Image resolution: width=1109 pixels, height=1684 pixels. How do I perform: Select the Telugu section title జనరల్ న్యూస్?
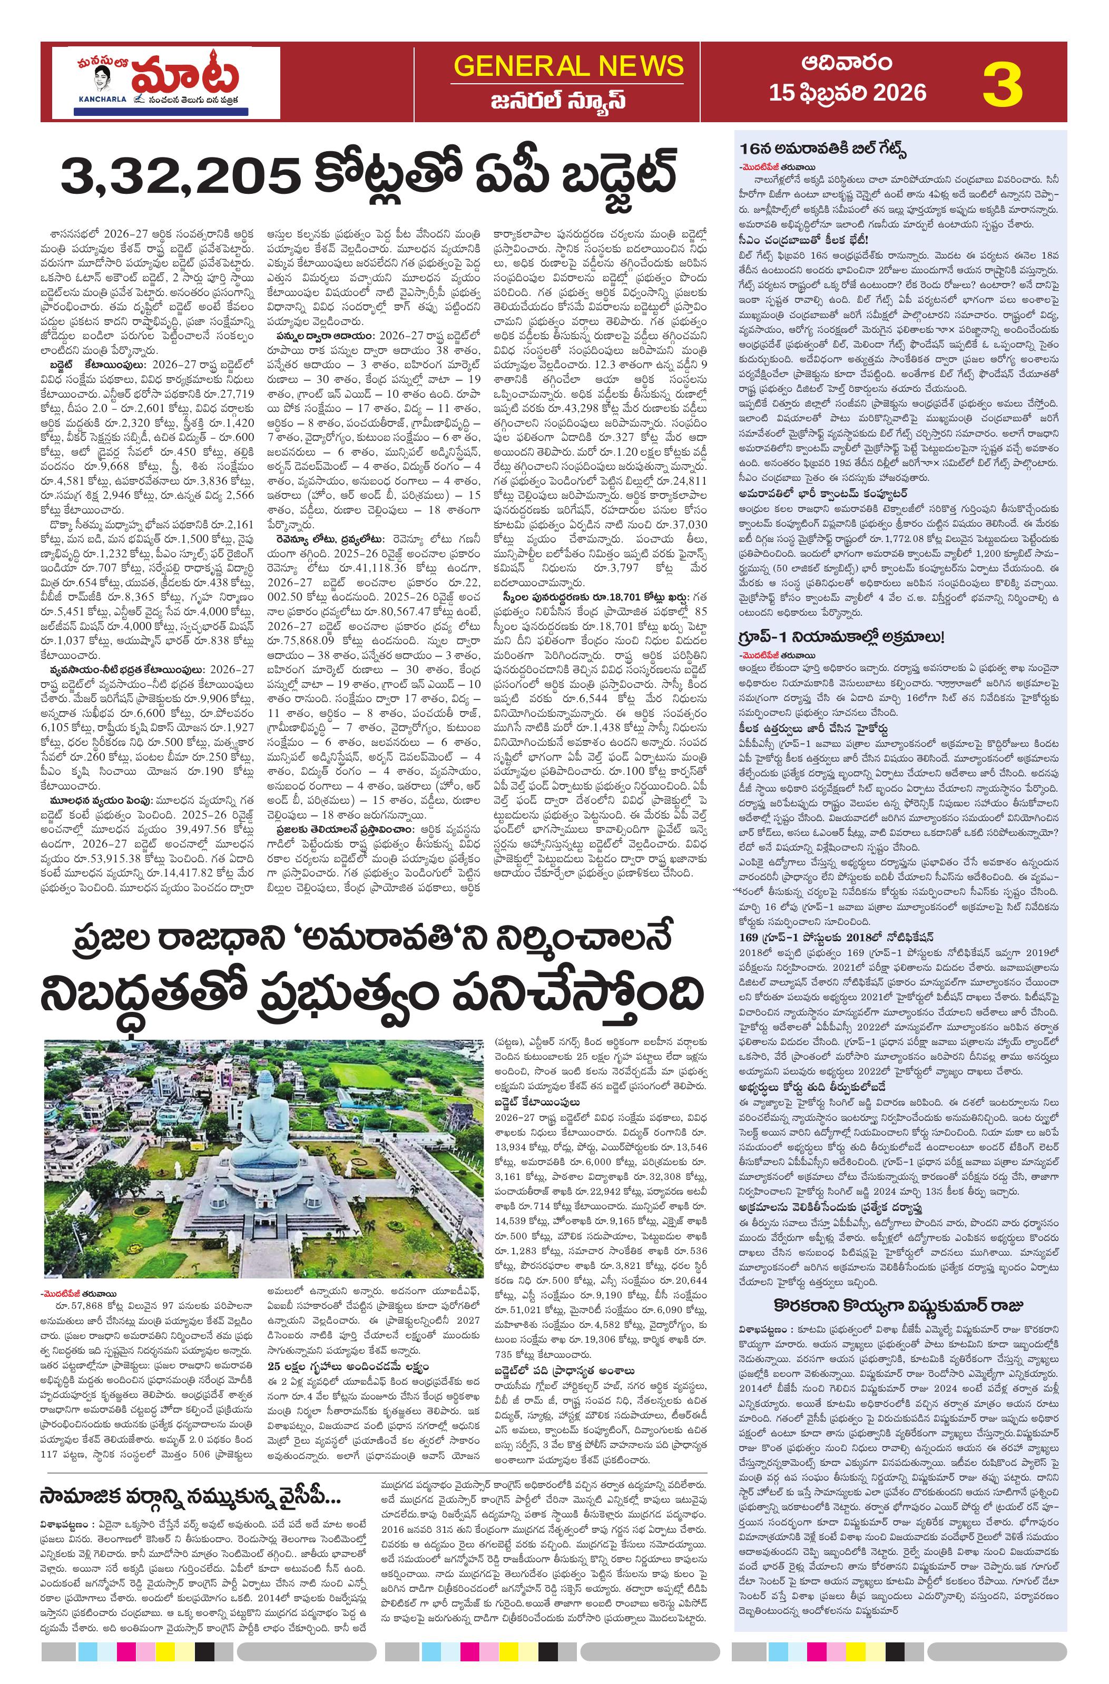coord(568,100)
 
